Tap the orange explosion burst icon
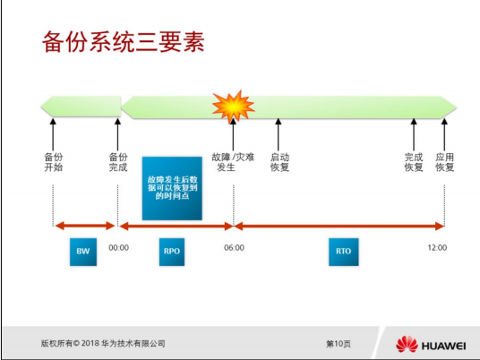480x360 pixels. tap(233, 107)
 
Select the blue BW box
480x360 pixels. tap(82, 252)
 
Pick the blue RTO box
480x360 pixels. tap(343, 252)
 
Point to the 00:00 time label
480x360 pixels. tap(119, 248)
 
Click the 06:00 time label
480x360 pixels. tap(234, 248)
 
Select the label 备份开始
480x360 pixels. tap(54, 162)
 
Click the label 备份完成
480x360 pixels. tap(118, 162)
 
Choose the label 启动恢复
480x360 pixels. tap(279, 162)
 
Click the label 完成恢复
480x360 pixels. tap(414, 162)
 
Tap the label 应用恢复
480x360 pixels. tap(445, 162)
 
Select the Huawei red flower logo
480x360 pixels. tap(407, 345)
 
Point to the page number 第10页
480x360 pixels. tap(338, 344)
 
